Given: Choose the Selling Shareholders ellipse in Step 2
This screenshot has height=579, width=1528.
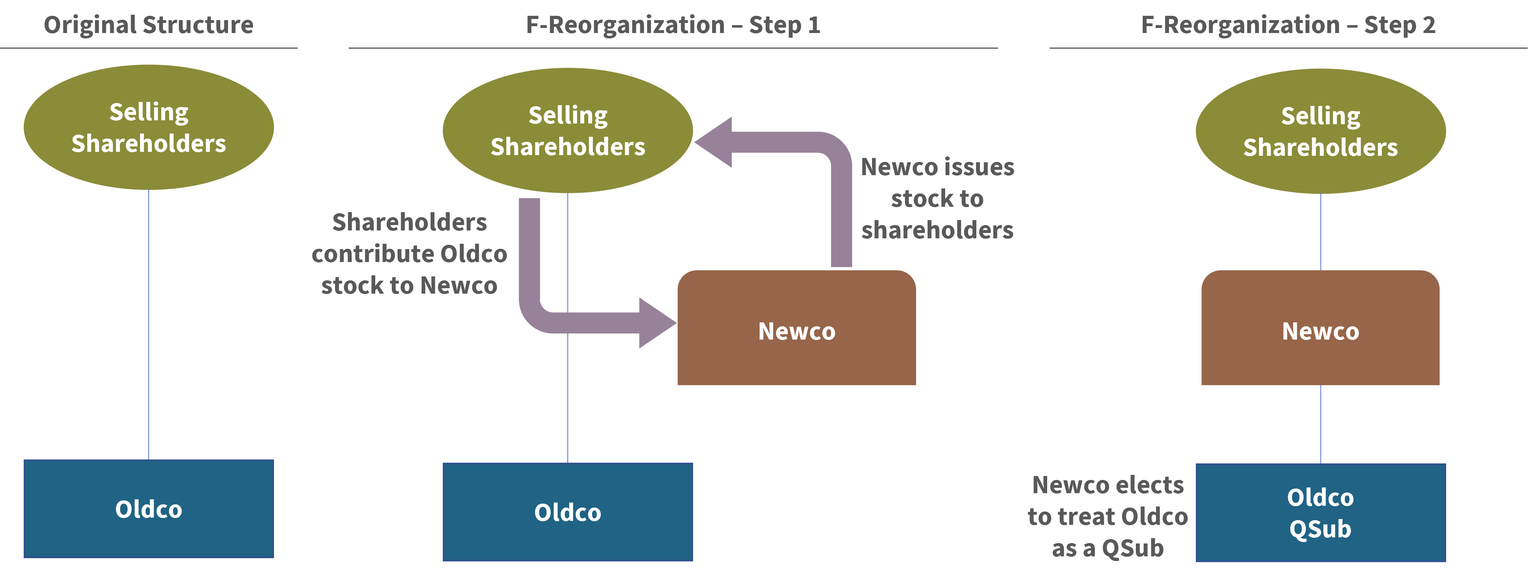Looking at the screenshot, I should [1320, 131].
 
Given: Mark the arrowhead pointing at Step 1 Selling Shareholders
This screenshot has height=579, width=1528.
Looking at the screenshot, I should [715, 142].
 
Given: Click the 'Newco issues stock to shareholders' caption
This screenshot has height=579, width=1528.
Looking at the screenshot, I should [937, 199].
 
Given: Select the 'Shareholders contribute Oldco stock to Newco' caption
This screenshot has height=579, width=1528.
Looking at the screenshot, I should [409, 254].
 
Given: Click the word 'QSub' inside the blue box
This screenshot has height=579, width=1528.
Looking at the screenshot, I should [1320, 529].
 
